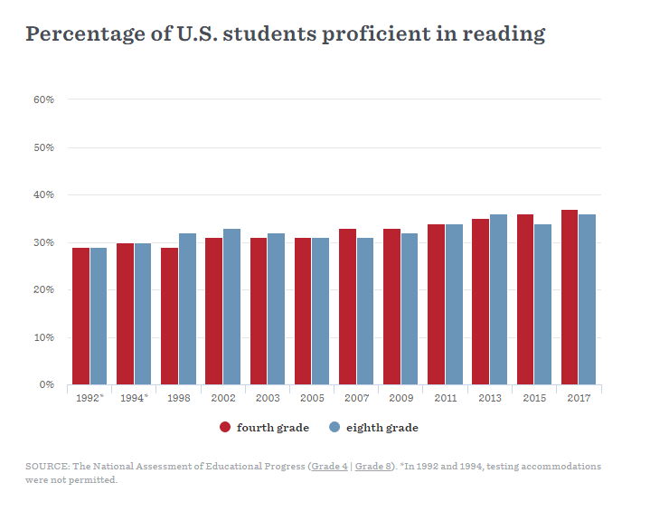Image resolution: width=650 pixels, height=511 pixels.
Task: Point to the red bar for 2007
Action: (348, 307)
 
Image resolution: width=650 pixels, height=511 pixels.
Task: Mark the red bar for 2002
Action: (214, 311)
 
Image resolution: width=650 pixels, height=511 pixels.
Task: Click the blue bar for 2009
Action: (410, 308)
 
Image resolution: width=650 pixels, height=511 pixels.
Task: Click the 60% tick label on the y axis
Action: (44, 99)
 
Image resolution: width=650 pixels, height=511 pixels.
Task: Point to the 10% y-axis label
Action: (44, 337)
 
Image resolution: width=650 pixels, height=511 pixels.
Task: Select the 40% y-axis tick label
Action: (44, 194)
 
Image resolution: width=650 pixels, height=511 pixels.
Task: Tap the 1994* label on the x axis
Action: (133, 398)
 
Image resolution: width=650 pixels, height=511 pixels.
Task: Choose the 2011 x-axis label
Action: (444, 398)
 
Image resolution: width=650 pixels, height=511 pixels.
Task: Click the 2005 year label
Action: (311, 398)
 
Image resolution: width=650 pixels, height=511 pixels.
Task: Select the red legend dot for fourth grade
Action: (226, 427)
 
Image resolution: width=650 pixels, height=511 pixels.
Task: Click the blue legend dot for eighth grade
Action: (334, 427)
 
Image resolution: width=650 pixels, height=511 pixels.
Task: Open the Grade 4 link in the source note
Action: (330, 467)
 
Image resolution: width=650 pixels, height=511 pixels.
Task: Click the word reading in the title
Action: (504, 34)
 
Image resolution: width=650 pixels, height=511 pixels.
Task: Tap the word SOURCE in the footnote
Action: (47, 467)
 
